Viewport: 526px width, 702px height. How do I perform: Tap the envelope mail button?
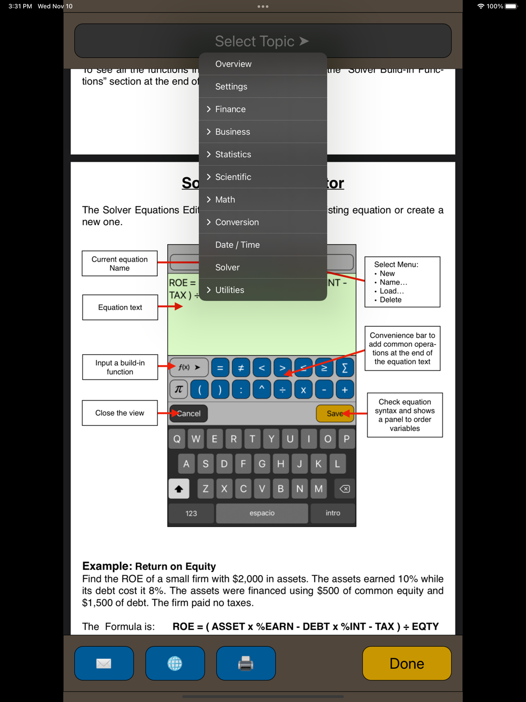pyautogui.click(x=104, y=664)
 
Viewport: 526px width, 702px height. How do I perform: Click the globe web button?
pyautogui.click(x=175, y=664)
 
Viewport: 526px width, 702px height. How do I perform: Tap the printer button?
pyautogui.click(x=246, y=664)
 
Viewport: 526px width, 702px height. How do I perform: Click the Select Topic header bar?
pyautogui.click(x=262, y=41)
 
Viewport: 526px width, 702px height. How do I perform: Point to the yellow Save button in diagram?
pyautogui.click(x=335, y=414)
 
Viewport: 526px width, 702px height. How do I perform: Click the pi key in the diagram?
pyautogui.click(x=179, y=389)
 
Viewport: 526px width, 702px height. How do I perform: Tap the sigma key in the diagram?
pyautogui.click(x=345, y=368)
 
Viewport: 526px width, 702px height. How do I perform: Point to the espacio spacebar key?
pyautogui.click(x=262, y=513)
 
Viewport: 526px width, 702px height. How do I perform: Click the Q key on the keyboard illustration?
pyautogui.click(x=177, y=439)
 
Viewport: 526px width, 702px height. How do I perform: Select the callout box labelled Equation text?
pyautogui.click(x=120, y=307)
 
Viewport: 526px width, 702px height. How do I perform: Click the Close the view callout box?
pyautogui.click(x=120, y=413)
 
